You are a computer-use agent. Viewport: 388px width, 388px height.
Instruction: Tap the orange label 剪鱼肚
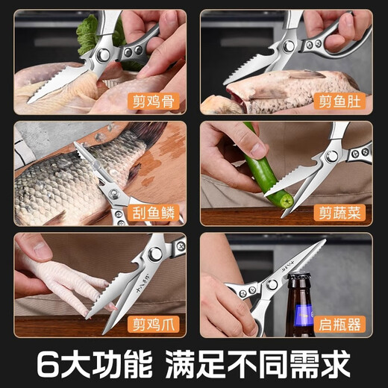339,101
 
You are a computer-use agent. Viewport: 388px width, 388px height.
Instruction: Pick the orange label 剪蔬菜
339,213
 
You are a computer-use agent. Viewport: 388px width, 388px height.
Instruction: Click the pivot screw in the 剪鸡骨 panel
102,55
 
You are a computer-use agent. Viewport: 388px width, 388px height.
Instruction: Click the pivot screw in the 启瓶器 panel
272,284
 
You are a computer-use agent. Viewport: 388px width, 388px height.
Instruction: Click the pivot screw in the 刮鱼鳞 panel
114,193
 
